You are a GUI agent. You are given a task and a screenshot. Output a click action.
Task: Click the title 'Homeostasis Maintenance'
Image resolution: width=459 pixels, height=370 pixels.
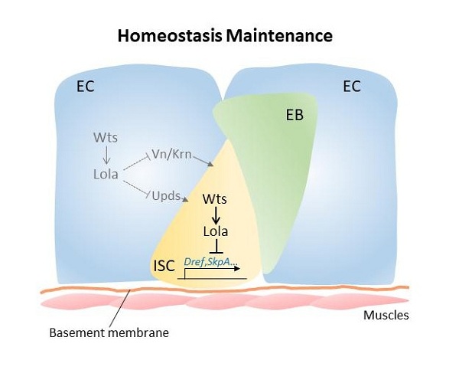click(224, 35)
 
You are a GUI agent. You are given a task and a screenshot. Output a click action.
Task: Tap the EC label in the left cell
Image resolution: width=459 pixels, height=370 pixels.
click(85, 87)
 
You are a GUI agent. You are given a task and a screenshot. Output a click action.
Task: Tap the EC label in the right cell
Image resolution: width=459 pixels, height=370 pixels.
click(352, 87)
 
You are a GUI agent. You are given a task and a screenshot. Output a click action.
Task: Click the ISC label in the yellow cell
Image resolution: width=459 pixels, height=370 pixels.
click(164, 266)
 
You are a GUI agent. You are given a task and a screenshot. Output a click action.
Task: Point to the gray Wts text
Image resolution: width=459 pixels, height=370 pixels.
click(106, 139)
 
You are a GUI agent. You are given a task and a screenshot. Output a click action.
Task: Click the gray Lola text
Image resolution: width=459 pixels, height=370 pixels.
click(106, 174)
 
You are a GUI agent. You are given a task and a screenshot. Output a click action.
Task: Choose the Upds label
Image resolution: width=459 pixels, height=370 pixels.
click(166, 195)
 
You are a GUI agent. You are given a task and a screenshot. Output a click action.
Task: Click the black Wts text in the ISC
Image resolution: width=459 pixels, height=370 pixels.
click(215, 198)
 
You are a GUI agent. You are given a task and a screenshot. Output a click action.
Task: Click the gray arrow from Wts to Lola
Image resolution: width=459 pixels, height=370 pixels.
click(106, 156)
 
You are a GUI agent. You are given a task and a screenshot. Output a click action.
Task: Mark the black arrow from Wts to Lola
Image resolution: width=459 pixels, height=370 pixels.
click(215, 214)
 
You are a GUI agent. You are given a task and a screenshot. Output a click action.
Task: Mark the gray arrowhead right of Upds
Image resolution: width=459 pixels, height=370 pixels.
click(186, 199)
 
